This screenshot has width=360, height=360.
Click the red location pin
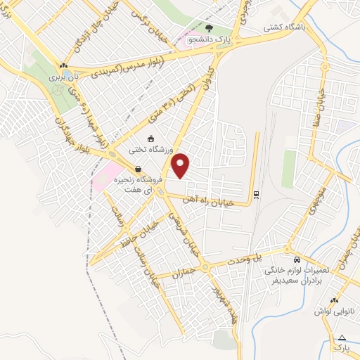pyautogui.click(x=181, y=165)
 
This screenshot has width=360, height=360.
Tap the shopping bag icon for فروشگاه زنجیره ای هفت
pyautogui.click(x=138, y=169)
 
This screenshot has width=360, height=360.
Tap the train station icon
pyautogui.click(x=256, y=194)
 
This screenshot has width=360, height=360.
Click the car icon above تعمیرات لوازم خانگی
pyautogui.click(x=297, y=259)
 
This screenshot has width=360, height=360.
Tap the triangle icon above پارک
pyautogui.click(x=342, y=337)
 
